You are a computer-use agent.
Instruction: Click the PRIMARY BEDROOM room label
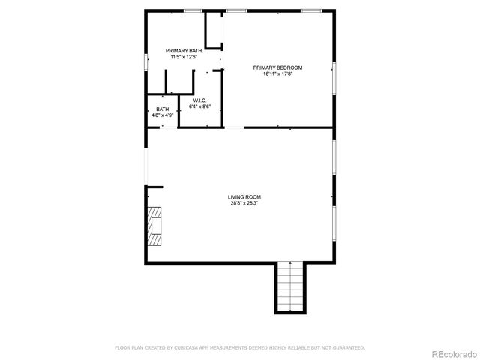[x=277, y=67]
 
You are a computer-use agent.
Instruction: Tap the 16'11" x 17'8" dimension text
[x=277, y=73]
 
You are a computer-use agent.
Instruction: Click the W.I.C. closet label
[x=199, y=100]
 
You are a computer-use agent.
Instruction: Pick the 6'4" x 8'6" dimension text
[x=199, y=106]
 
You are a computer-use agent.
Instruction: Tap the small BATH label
[x=162, y=109]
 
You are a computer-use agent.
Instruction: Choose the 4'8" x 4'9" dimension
[x=162, y=115]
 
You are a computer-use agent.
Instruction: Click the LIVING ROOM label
[x=244, y=197]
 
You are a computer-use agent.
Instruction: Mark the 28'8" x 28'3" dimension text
[x=244, y=203]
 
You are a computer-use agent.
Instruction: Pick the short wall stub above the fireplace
[x=154, y=187]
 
